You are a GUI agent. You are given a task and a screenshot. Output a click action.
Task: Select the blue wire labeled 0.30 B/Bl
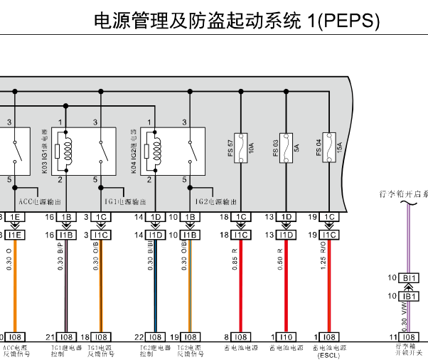(155, 285)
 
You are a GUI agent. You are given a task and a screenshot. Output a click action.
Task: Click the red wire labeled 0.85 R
(242, 285)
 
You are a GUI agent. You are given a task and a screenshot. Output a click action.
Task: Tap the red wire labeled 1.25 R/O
(329, 285)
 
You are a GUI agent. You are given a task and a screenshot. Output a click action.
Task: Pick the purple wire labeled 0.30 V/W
(407, 317)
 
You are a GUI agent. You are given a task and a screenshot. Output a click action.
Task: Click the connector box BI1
(410, 277)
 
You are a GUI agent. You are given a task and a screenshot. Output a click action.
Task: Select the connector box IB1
(410, 296)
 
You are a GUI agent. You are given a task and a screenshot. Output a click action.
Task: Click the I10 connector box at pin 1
(286, 337)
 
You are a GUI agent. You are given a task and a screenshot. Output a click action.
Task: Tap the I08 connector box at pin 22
(155, 337)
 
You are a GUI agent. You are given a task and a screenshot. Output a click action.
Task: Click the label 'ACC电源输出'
(40, 201)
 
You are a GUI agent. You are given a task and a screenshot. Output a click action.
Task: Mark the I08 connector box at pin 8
(242, 337)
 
